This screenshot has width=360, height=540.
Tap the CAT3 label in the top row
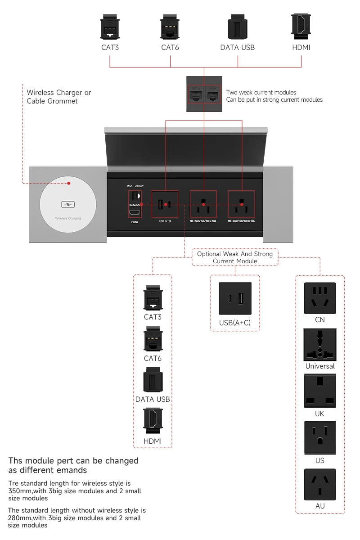coord(110,47)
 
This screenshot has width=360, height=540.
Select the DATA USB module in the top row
coord(237,26)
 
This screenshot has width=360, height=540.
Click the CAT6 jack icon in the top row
coord(170,26)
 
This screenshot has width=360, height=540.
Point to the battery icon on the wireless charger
coord(67,205)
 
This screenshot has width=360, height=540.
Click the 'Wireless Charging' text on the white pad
coord(67,218)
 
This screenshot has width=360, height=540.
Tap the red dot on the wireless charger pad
coord(69,183)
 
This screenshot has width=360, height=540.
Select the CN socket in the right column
coord(320,298)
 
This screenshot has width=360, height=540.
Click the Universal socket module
coord(320,345)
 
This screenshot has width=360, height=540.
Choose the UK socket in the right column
coord(320,391)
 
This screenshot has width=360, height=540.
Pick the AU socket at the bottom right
coord(320,485)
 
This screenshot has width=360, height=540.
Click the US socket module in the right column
coord(320,437)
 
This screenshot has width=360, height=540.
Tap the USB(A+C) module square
coord(235,299)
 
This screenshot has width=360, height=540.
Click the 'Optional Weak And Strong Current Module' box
coord(235,257)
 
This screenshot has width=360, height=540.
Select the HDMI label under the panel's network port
coord(135,222)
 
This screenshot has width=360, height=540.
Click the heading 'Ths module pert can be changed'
coord(73,460)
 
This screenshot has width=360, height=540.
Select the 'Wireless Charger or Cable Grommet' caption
coord(58,97)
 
